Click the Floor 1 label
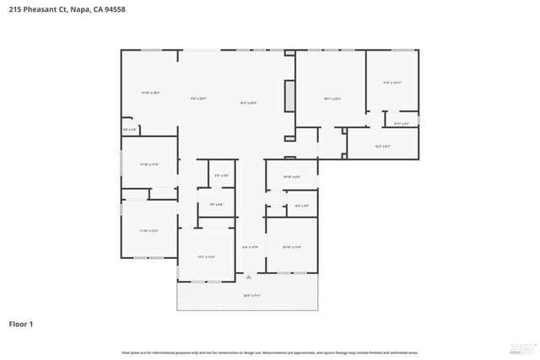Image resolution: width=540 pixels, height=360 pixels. (22, 324)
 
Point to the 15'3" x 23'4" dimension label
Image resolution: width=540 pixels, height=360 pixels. (248, 103)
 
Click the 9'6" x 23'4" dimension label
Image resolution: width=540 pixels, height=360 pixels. (199, 99)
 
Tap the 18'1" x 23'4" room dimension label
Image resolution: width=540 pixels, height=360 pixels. (332, 99)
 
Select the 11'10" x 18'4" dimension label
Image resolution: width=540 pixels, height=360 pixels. (150, 92)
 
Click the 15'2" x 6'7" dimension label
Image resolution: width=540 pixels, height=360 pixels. (382, 146)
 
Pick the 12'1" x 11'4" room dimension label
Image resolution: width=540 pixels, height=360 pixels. (207, 256)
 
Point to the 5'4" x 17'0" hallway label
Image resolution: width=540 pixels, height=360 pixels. (250, 247)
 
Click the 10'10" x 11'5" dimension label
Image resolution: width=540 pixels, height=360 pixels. (291, 247)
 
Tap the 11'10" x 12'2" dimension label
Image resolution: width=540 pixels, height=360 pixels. (149, 230)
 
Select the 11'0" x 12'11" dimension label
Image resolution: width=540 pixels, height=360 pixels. (392, 83)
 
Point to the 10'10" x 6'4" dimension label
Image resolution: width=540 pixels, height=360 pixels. (290, 176)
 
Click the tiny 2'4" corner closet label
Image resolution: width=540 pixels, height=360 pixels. (129, 130)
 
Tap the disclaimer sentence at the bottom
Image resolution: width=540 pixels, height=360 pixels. (270, 352)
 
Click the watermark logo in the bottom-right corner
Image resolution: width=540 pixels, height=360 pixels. (519, 347)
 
